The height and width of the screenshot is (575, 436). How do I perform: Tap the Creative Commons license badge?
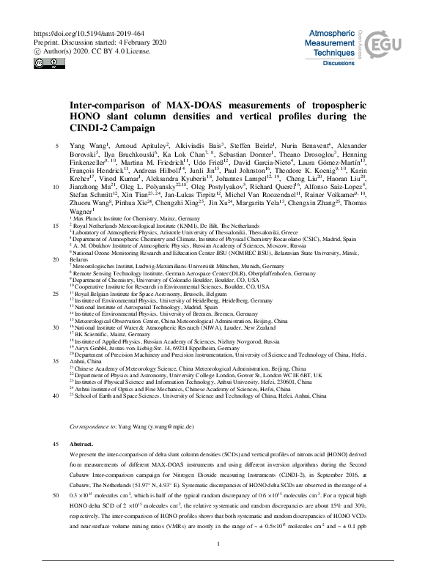tap(45, 62)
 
